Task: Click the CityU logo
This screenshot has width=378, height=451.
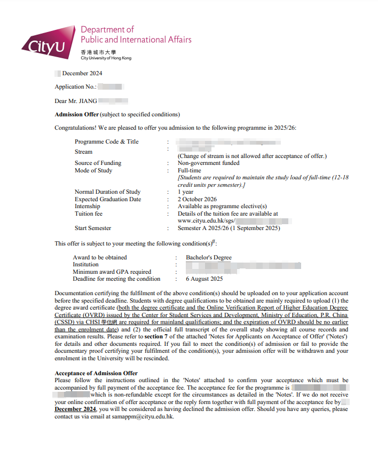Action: [48, 43]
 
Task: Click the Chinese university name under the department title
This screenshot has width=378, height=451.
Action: [98, 52]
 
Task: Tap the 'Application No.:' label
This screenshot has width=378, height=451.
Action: [76, 86]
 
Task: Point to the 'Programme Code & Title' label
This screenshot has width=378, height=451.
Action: [106, 141]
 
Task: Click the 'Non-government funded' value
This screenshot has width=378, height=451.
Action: [208, 163]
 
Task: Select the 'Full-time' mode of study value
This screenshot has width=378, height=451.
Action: [189, 171]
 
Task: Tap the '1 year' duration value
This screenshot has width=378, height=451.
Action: [185, 192]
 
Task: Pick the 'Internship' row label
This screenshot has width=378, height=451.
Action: [87, 207]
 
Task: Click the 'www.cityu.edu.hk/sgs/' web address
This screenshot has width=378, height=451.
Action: [206, 220]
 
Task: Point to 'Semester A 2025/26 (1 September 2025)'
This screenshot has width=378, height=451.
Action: [229, 228]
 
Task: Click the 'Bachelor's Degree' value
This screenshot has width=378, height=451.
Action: [208, 257]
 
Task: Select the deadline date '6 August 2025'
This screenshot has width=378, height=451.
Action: [204, 279]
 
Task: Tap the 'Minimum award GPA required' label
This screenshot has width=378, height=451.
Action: [112, 272]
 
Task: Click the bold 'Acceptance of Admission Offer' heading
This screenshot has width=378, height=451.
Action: [96, 373]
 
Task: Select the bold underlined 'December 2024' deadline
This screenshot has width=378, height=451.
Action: [75, 409]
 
